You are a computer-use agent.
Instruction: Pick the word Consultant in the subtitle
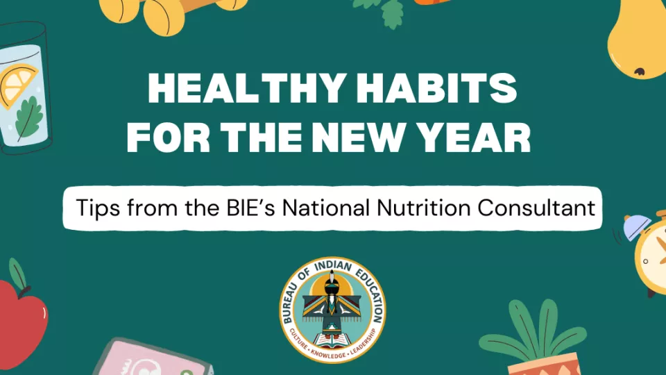pos(543,207)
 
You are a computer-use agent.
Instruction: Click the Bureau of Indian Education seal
pos(333,310)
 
